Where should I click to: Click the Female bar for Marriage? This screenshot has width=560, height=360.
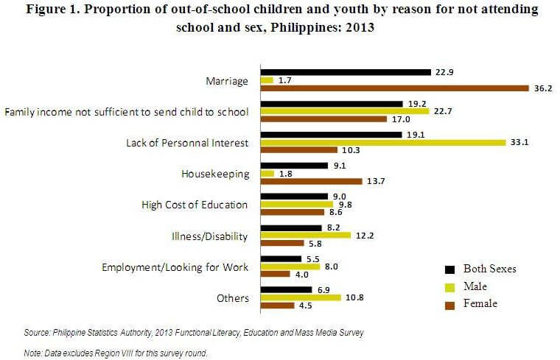click(396, 88)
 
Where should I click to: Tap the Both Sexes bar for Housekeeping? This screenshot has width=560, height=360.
click(294, 166)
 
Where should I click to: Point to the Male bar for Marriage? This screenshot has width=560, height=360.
click(267, 80)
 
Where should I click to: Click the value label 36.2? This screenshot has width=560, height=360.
click(542, 88)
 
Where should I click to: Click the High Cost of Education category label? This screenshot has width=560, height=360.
click(194, 205)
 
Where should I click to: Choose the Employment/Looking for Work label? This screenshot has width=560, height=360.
click(175, 267)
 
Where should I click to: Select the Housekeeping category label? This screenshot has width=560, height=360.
click(215, 174)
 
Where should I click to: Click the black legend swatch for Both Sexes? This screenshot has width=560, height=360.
click(449, 269)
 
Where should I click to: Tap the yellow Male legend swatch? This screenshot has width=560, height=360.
click(449, 286)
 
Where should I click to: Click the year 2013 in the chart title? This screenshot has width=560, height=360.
click(357, 29)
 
